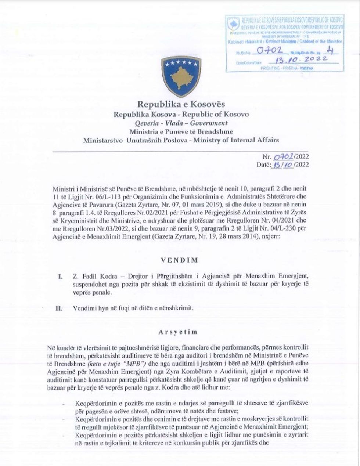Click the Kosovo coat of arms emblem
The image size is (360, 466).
(x=176, y=77)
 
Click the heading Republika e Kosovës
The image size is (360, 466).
(x=181, y=104)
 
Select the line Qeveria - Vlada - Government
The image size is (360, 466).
(x=181, y=123)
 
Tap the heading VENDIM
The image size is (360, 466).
(x=180, y=260)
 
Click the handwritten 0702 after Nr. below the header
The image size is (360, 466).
(x=283, y=157)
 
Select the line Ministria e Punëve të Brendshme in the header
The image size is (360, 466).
(x=181, y=131)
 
